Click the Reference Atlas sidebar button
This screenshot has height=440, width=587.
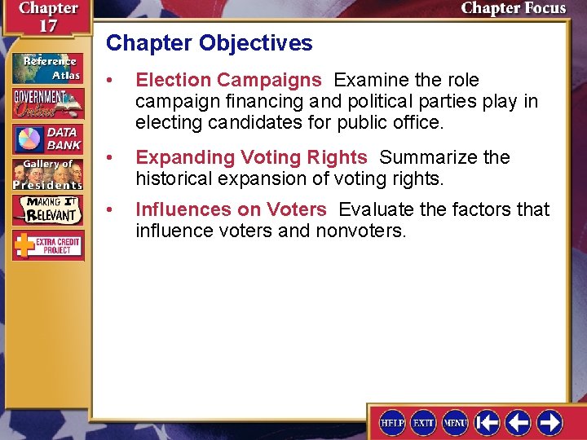(x=46, y=68)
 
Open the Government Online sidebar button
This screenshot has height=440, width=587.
(x=47, y=103)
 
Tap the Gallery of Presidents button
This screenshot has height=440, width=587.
(x=47, y=173)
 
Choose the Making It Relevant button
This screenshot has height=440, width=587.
(x=47, y=209)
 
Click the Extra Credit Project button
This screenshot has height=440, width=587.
(x=47, y=244)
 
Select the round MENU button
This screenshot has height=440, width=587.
(x=455, y=422)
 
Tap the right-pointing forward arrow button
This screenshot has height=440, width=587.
(x=549, y=422)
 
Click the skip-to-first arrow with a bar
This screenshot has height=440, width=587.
(x=487, y=422)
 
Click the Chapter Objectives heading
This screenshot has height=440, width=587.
(x=210, y=43)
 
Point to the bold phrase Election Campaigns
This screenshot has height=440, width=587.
(x=228, y=80)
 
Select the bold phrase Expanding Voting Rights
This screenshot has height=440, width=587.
(x=251, y=157)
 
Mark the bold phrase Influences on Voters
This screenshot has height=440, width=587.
(x=231, y=209)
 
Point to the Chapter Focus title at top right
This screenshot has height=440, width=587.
(x=513, y=9)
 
